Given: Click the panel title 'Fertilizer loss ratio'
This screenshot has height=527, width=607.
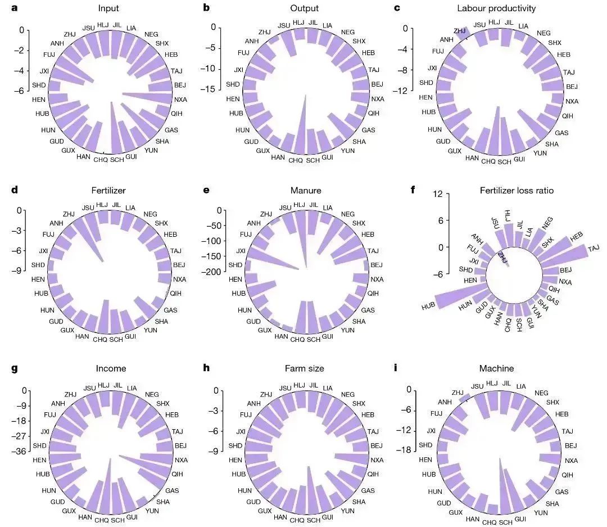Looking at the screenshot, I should click(517, 191).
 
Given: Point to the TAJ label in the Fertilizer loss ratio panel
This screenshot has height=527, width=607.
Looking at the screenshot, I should click(594, 248).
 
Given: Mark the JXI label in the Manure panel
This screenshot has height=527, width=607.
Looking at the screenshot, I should click(241, 251).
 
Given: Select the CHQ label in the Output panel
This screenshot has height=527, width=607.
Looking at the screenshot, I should click(296, 160).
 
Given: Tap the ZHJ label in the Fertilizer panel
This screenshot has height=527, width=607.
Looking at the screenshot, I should click(69, 214).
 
